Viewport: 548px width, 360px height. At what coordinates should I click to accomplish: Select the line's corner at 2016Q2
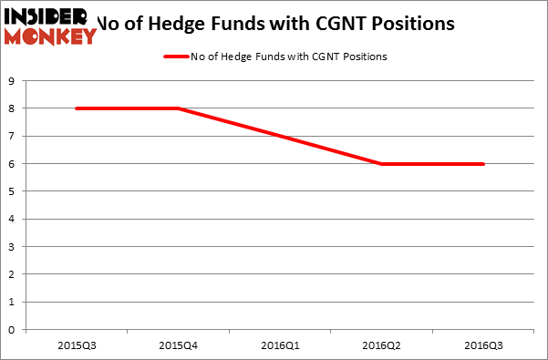[x=380, y=164]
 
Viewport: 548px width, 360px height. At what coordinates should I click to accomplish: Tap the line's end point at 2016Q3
[x=483, y=164]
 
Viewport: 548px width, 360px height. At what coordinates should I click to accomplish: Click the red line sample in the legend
[x=175, y=57]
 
